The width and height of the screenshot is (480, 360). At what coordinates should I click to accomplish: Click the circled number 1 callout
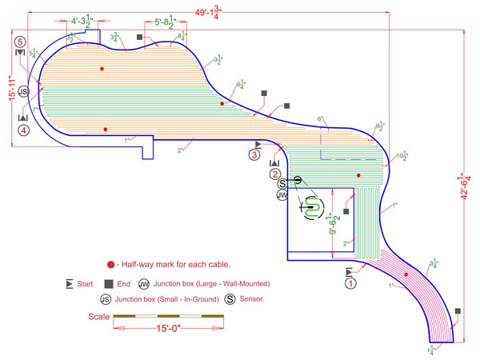351,282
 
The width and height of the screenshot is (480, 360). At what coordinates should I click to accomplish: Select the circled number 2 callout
275,174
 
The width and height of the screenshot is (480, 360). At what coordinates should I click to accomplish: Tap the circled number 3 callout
255,154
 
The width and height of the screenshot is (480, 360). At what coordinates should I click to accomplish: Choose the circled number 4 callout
24,130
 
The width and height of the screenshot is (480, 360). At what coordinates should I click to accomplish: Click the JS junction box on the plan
24,92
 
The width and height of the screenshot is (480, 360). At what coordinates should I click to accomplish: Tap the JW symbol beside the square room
282,194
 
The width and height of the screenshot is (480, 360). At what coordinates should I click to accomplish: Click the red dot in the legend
110,265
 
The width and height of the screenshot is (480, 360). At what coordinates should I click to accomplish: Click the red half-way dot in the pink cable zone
406,274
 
